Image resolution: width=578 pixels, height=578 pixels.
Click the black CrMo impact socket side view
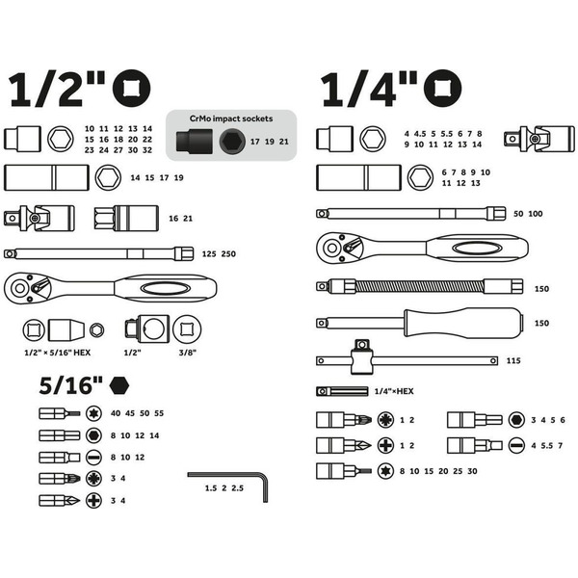click(194, 141)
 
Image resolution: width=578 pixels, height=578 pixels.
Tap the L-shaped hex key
click(265, 483)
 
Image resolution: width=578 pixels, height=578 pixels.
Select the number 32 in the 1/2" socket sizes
click(147, 150)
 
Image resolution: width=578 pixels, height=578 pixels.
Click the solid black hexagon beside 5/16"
click(119, 386)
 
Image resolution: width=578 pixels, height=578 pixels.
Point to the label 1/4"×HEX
click(394, 391)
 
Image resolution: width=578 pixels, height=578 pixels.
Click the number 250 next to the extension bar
click(228, 254)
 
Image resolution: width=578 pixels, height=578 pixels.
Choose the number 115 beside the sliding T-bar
click(513, 360)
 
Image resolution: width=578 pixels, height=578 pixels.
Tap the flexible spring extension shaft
click(419, 286)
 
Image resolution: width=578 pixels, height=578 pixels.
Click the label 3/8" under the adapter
click(187, 353)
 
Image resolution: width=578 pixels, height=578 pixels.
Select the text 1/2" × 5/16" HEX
click(57, 353)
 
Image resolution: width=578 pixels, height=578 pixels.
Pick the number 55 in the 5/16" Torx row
click(159, 413)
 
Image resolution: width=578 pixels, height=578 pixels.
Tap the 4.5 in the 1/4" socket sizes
click(419, 134)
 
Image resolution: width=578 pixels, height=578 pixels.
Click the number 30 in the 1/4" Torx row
click(472, 471)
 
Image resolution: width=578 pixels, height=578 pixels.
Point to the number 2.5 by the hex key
click(237, 488)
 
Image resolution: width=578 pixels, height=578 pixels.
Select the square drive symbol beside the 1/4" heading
click(442, 89)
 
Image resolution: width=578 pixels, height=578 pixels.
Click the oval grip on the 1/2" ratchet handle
click(166, 288)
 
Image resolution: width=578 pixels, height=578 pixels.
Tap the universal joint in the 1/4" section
click(539, 139)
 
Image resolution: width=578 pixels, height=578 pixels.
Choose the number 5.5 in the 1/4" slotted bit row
click(547, 446)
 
